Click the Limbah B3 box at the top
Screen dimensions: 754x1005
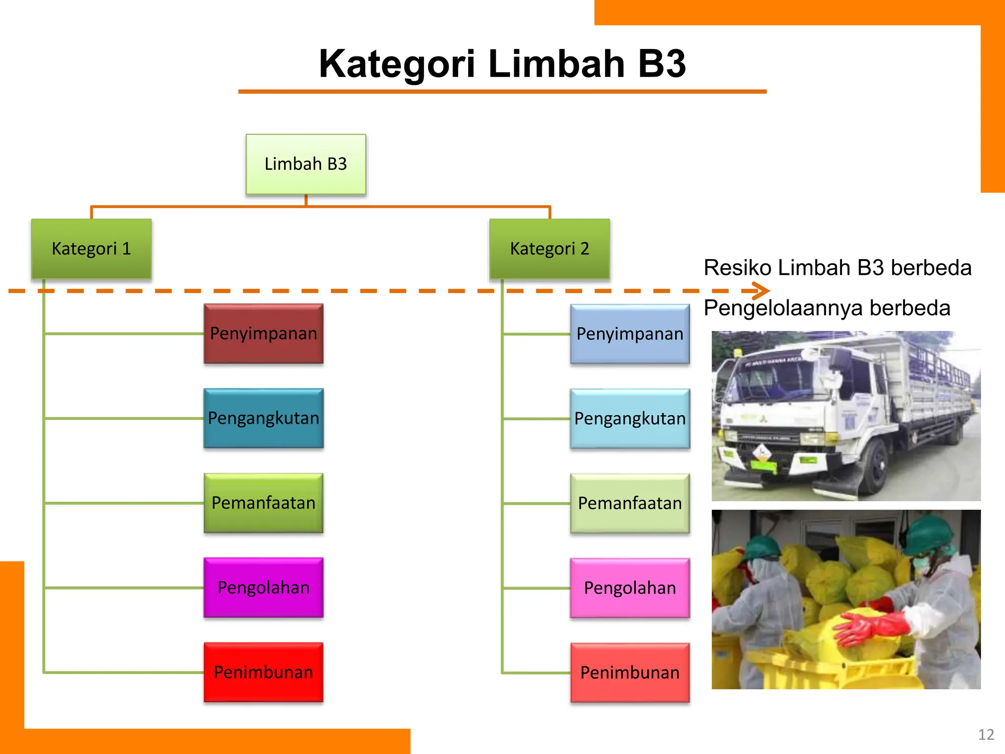coord(306,164)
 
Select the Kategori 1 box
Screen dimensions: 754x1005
coord(91,249)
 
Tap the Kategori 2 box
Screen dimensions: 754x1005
coord(550,249)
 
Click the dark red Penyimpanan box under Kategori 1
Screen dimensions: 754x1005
coord(264,334)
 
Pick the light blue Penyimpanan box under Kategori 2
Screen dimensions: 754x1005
coord(630,334)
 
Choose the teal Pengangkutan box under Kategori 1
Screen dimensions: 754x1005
coord(264,418)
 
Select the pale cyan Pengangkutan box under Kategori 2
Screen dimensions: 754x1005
coord(630,419)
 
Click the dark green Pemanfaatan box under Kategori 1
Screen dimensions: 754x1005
coord(264,503)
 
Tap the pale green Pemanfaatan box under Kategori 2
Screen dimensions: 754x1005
coord(630,504)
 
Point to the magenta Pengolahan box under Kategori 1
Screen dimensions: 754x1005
coord(264,588)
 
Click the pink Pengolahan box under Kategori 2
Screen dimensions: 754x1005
coord(630,588)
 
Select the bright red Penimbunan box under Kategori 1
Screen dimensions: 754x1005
coord(264,673)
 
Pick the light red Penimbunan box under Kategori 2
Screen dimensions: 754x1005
coord(630,673)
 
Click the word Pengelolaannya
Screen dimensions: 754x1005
coord(783,308)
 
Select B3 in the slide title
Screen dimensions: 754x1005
coord(661,64)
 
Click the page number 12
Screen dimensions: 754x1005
coord(986,734)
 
